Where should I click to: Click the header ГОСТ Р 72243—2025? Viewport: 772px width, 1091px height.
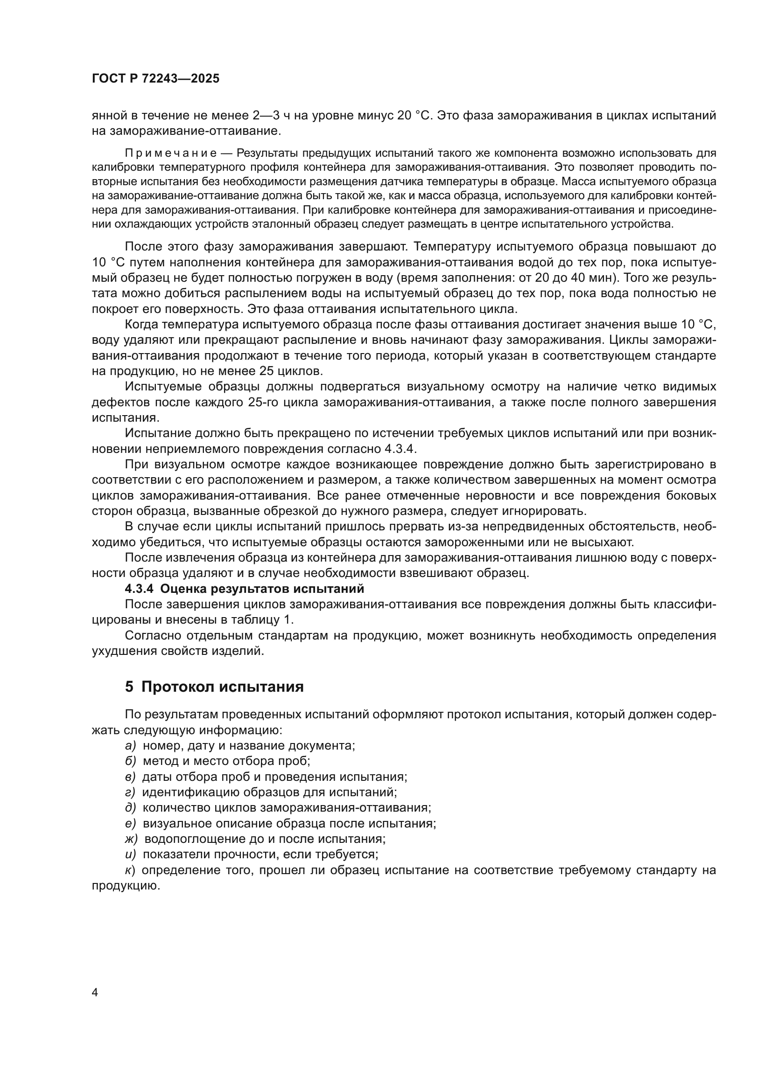pyautogui.click(x=155, y=79)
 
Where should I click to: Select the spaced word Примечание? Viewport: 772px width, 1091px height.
pyautogui.click(x=171, y=153)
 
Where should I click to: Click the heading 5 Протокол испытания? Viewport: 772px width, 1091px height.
pyautogui.click(x=214, y=687)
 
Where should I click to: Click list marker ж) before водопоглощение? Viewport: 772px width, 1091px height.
pyautogui.click(x=131, y=839)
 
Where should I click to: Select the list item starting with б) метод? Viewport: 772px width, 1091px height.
pyautogui.click(x=217, y=761)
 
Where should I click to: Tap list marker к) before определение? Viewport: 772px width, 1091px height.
pyautogui.click(x=130, y=870)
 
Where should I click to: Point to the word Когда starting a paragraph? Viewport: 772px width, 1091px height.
pyautogui.click(x=141, y=325)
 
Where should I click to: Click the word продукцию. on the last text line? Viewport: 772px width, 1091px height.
pyautogui.click(x=125, y=886)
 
